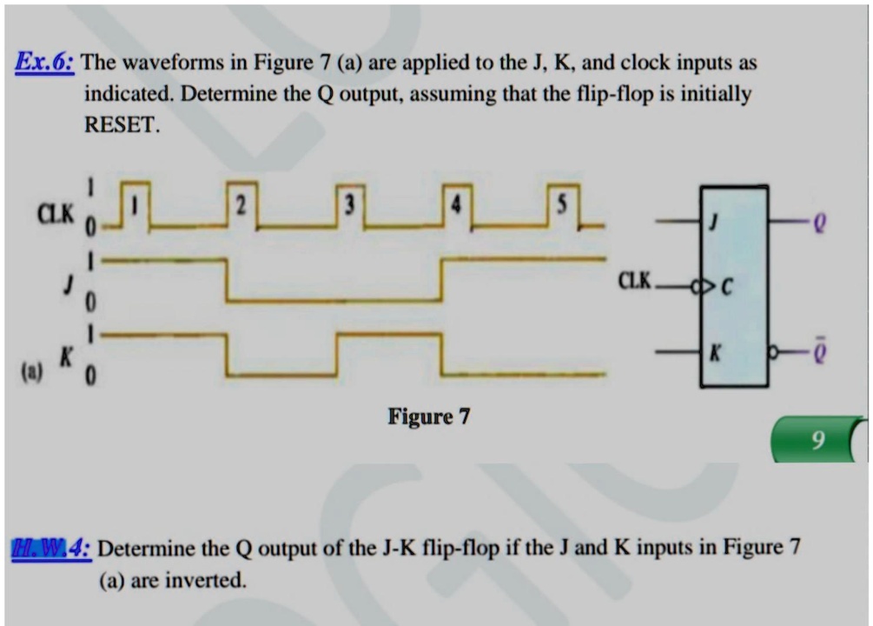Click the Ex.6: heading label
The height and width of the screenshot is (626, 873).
coord(44,63)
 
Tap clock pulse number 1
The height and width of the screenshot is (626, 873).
coord(135,206)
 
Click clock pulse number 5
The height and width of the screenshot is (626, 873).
coord(563,206)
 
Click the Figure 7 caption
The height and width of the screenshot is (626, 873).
coord(428,417)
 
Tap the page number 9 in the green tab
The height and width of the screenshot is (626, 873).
coord(815,443)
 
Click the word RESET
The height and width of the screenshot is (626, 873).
coord(122,123)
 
